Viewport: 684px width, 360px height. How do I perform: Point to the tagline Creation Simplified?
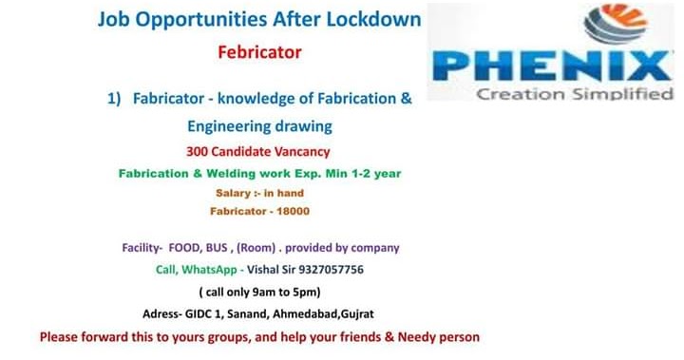[574, 94]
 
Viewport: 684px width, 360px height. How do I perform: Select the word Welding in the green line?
[220, 173]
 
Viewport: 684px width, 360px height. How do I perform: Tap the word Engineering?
[226, 125]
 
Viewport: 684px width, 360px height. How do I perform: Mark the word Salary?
[233, 193]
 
